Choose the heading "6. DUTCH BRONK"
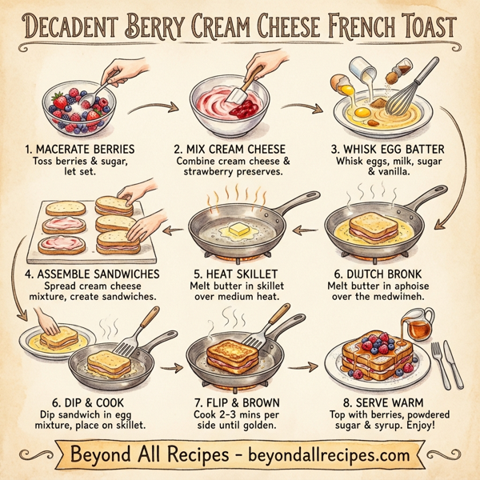point(386,274)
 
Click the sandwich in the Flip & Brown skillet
point(234,351)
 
